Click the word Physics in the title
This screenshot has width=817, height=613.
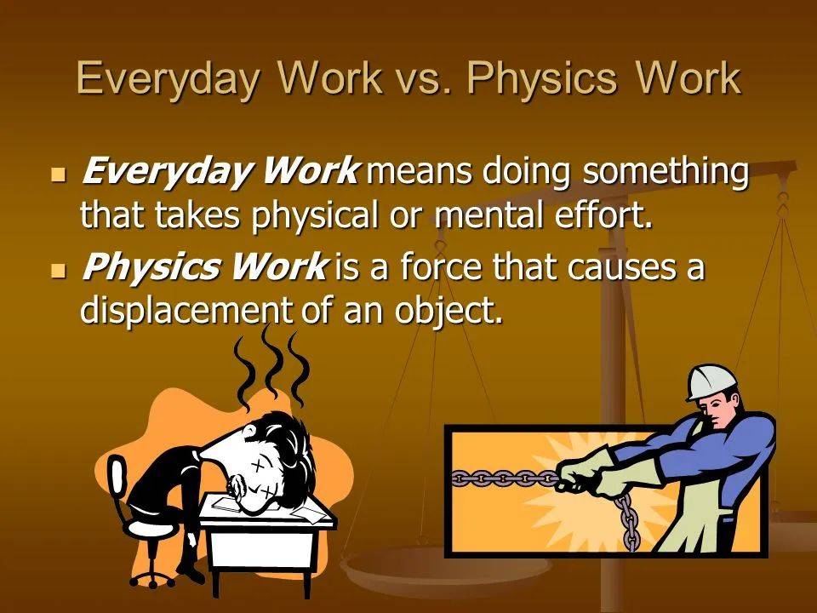coord(542,80)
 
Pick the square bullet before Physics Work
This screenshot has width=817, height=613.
coord(60,270)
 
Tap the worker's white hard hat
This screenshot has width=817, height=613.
coord(712,381)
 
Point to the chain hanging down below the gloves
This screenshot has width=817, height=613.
coord(627,522)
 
